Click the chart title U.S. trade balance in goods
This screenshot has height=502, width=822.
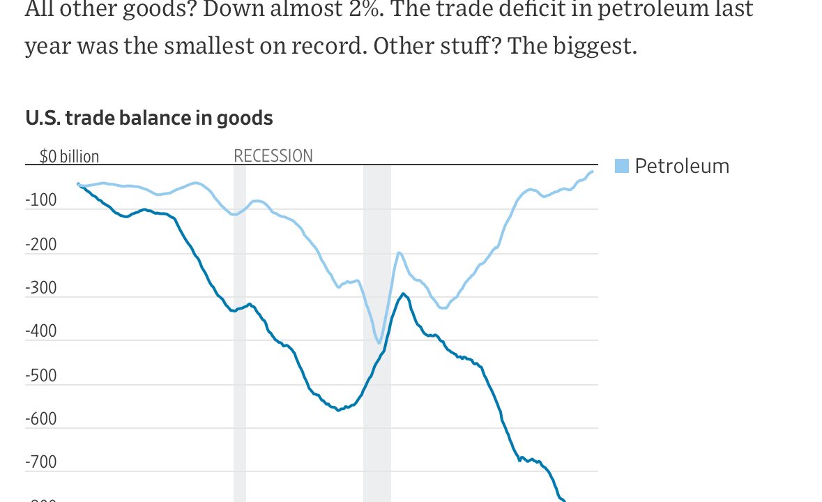149,118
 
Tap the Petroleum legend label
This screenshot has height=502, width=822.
681,166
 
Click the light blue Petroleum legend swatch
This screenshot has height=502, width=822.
622,166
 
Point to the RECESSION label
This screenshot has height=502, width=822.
273,155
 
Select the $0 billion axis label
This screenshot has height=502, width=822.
69,156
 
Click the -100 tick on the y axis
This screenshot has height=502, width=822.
41,200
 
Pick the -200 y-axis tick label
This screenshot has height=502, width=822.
41,244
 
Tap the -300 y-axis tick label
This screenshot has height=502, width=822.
41,288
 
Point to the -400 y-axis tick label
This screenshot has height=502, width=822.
41,331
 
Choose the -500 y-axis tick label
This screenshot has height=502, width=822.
41,375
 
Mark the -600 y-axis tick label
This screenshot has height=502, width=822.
41,419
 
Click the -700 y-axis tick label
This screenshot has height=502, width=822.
41,462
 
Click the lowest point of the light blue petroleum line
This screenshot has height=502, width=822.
379,343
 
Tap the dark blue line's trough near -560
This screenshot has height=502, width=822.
338,410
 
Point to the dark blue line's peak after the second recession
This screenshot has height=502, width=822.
403,294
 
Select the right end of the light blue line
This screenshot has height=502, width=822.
593,172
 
